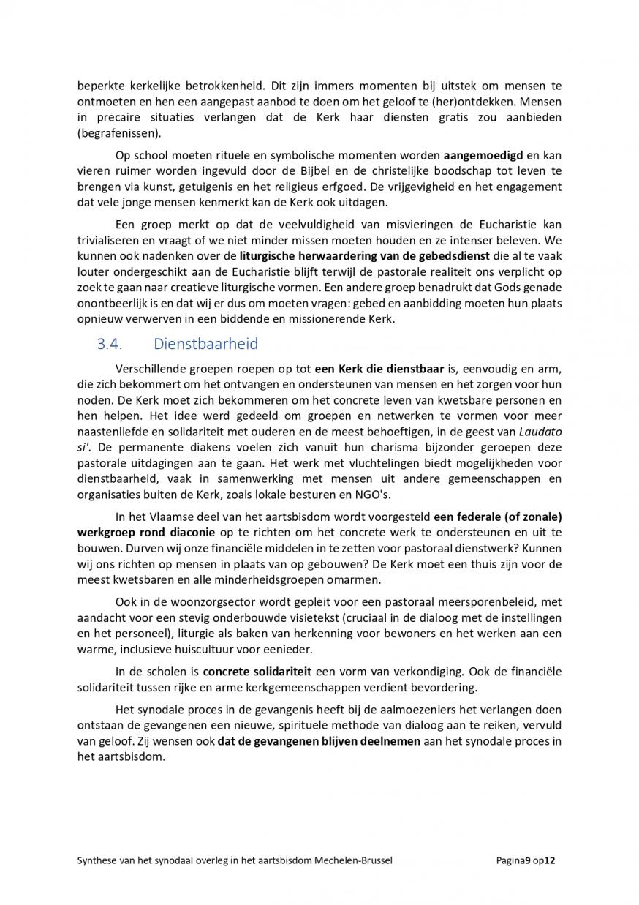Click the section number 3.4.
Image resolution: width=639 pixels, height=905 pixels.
click(x=110, y=344)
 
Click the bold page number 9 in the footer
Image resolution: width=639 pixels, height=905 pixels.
click(x=526, y=861)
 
